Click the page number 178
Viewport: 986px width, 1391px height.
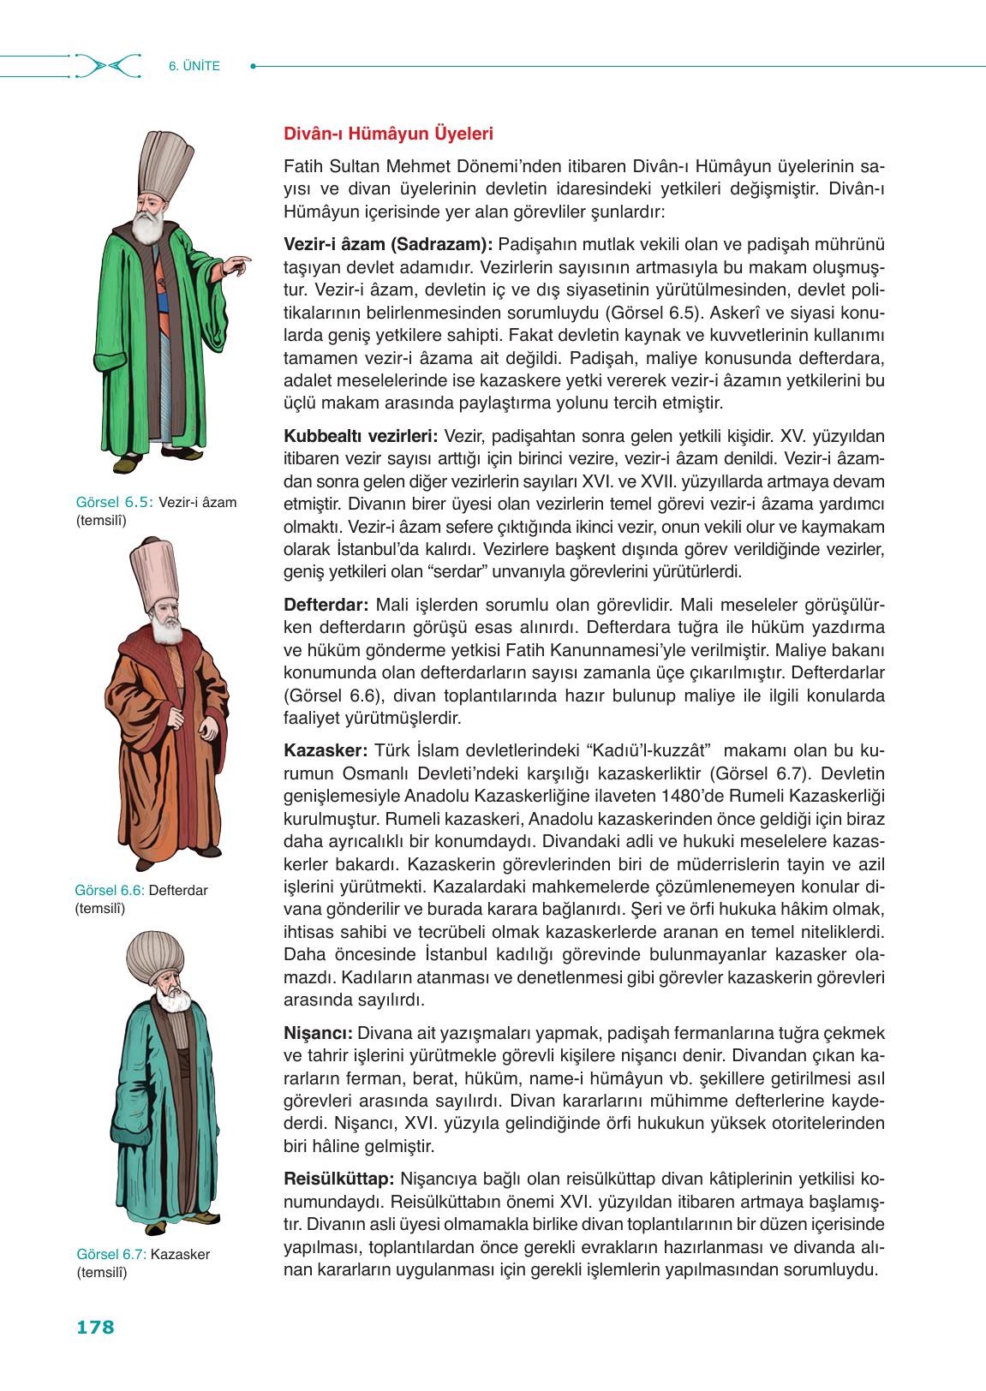pos(95,1328)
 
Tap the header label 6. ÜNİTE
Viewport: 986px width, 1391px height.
pos(194,65)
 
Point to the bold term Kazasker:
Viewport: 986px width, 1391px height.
pos(325,750)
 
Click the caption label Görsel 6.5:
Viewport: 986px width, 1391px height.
pos(115,503)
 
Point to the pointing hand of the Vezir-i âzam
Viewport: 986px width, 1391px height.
pos(241,261)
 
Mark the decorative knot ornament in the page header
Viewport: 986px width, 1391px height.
pos(107,65)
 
